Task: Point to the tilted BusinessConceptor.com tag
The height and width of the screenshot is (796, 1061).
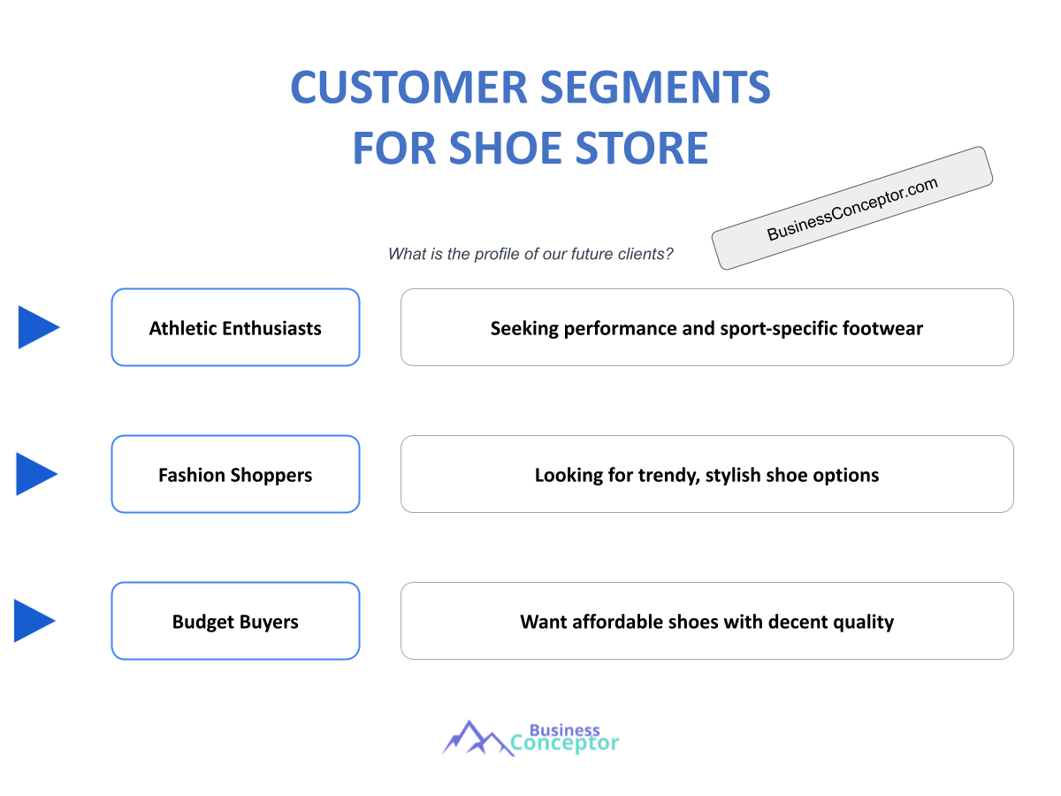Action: (x=852, y=208)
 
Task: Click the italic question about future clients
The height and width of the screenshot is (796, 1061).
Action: (x=530, y=254)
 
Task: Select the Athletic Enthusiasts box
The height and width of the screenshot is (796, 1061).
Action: (x=235, y=327)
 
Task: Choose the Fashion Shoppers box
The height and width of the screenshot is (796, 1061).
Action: (x=235, y=474)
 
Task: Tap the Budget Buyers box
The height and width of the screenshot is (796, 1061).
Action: (x=235, y=621)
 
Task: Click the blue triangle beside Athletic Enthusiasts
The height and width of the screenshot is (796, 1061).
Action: (x=36, y=327)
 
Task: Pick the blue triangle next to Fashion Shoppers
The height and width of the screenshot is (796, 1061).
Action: (x=34, y=474)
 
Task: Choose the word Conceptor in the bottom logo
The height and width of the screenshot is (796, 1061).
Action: (x=565, y=744)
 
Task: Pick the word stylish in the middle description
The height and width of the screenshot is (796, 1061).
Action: (x=744, y=476)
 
